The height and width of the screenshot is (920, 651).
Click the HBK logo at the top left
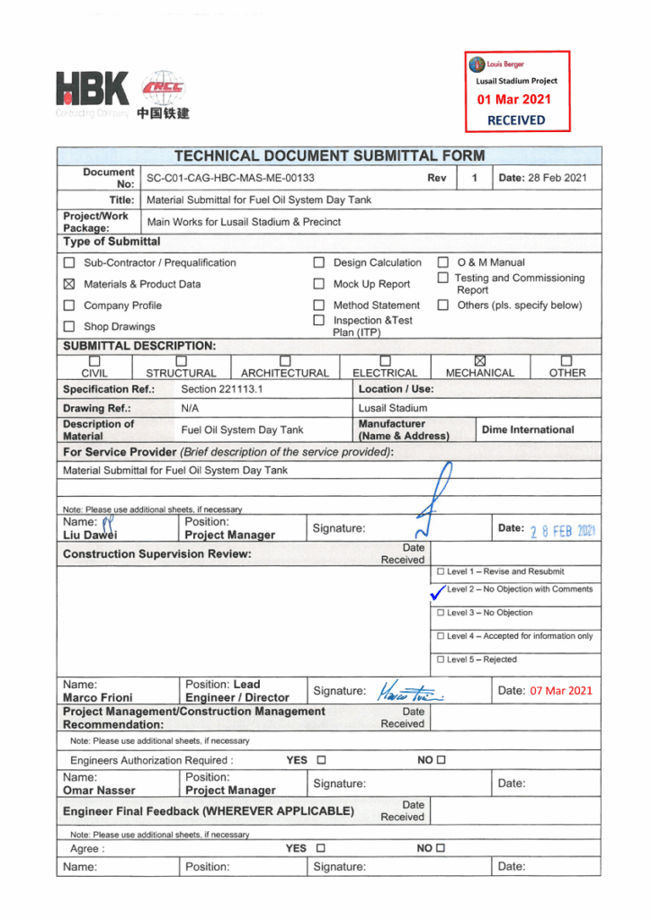92,93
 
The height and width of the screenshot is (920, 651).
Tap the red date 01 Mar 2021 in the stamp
513,100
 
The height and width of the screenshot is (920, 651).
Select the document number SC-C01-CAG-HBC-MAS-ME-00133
230,178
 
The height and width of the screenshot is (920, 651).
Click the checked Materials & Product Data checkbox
69,284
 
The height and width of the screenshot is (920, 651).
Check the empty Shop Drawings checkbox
69,327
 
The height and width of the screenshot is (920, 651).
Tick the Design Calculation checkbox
318,263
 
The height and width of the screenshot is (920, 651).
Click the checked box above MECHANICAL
479,360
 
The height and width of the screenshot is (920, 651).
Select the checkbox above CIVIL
95,360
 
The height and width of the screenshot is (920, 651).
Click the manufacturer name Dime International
528,429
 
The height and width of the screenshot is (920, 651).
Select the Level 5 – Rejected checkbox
441,659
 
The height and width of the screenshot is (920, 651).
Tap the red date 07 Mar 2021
560,690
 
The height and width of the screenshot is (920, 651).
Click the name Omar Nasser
99,791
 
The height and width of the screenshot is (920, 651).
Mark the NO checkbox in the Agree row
441,847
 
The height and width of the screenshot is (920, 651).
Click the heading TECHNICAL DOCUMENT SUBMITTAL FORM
328,155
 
